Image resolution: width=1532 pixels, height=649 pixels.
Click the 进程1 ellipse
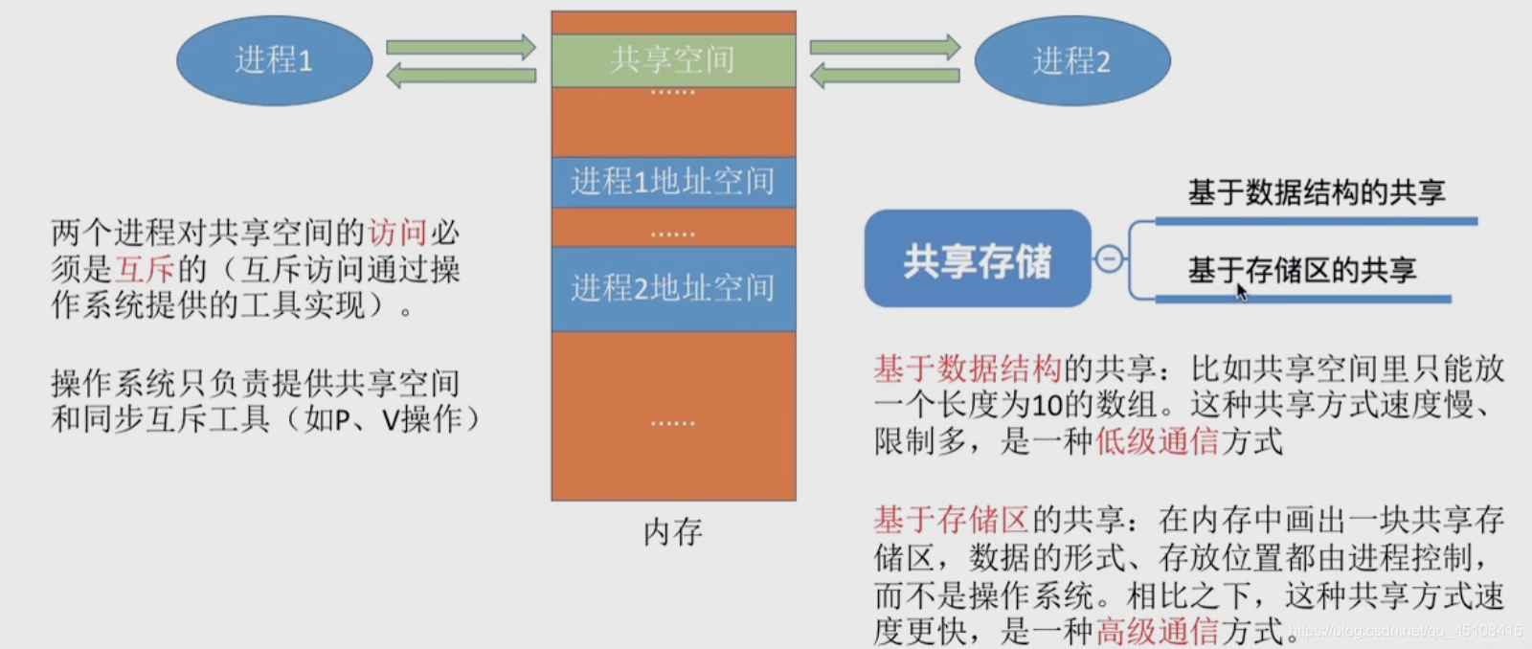[274, 60]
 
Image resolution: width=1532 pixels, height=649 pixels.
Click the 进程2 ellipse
[1071, 61]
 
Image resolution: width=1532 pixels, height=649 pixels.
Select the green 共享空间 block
[673, 60]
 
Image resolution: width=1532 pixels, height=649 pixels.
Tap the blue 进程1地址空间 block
[673, 181]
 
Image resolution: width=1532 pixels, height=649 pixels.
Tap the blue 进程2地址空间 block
[673, 288]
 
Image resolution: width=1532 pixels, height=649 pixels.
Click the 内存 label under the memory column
[673, 532]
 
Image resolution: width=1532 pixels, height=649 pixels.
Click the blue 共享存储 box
[978, 259]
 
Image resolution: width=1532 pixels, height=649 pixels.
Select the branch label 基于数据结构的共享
[1317, 192]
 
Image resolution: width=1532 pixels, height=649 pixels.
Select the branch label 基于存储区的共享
[1302, 270]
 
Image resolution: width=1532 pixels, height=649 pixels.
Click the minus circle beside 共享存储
[1109, 259]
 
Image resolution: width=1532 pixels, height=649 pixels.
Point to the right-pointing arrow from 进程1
[461, 47]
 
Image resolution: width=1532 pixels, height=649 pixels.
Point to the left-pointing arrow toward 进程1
[461, 75]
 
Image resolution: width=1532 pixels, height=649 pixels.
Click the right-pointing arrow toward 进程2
[884, 47]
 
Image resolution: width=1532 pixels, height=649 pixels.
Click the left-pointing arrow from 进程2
[884, 75]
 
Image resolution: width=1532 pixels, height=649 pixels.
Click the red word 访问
[397, 232]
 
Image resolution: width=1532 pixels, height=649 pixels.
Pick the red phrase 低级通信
[1157, 441]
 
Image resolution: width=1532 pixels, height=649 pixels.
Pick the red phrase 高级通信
[1157, 631]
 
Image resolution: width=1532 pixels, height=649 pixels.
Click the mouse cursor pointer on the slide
[1242, 292]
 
